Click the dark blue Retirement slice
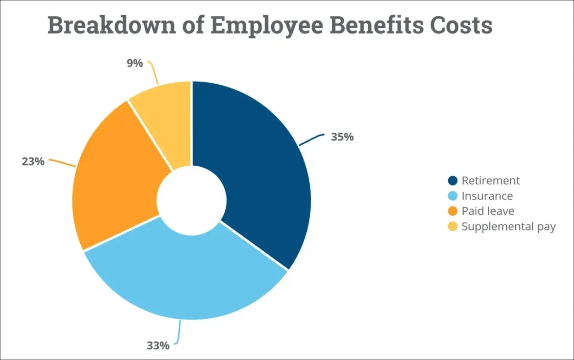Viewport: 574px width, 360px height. [260, 170]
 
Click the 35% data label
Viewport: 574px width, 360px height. [342, 137]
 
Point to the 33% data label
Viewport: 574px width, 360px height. [158, 346]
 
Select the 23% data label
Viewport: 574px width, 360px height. [33, 161]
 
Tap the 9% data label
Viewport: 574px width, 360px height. [135, 63]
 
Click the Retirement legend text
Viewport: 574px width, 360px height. [491, 181]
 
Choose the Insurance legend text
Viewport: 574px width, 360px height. [487, 196]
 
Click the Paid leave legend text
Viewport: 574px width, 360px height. [488, 211]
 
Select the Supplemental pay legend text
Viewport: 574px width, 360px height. [509, 226]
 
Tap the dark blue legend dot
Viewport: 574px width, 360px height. [453, 181]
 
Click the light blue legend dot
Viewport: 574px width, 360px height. [453, 196]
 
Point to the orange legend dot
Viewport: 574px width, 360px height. [453, 211]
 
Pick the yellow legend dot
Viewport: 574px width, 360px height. [453, 226]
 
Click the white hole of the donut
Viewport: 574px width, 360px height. [191, 200]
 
